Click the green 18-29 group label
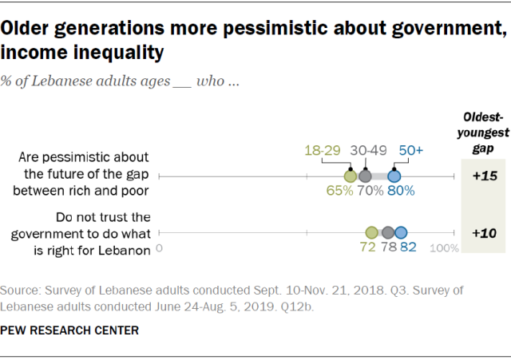tap(323, 151)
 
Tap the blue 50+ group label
tap(411, 151)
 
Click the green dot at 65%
tap(350, 176)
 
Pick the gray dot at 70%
tap(365, 176)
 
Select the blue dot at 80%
tap(394, 176)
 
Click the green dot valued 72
tap(371, 232)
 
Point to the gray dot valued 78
tap(388, 232)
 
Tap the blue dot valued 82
tap(401, 232)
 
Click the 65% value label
tap(339, 192)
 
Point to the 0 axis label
tap(160, 247)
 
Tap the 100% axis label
tap(445, 248)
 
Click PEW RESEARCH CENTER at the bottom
tap(70, 330)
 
